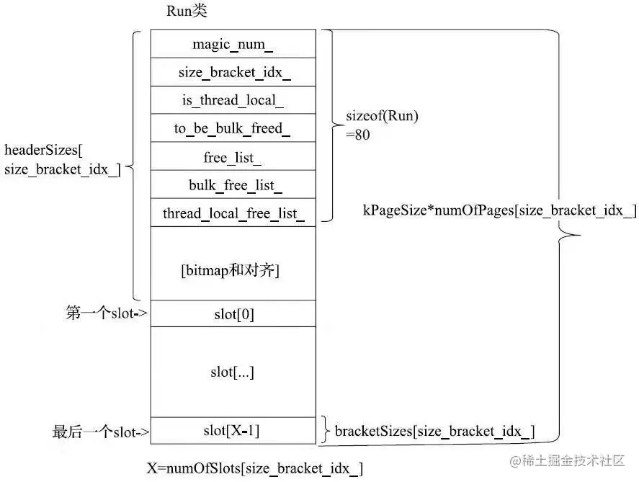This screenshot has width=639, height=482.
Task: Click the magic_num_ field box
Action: pos(233,44)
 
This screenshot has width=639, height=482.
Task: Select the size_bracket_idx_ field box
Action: pos(233,72)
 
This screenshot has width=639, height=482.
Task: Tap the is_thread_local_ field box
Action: pos(233,100)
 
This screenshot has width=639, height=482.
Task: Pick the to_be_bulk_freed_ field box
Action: pos(233,128)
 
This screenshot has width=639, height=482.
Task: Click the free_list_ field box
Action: pos(233,156)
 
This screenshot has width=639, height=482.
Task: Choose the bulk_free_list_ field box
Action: pos(233,184)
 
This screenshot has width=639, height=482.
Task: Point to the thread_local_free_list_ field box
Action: pos(233,213)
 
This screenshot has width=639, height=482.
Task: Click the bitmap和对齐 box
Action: pos(233,264)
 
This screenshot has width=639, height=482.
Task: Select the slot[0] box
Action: pos(233,313)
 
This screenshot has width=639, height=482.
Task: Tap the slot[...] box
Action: pos(233,372)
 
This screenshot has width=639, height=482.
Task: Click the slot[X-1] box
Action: pos(233,431)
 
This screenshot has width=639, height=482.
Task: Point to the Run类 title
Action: pos(187,11)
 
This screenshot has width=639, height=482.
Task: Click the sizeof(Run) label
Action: pos(383,116)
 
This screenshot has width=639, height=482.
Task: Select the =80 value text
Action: pos(358,135)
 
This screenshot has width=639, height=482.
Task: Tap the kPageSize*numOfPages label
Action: pos(500,210)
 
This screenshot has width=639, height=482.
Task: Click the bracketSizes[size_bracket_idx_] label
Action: pos(435,432)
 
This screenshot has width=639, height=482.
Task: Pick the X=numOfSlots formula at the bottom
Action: pos(255,468)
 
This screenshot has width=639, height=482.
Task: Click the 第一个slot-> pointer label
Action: pos(107,313)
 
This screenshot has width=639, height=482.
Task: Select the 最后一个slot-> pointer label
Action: pos(101,432)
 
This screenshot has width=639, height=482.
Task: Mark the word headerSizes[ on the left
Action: pos(43,151)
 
